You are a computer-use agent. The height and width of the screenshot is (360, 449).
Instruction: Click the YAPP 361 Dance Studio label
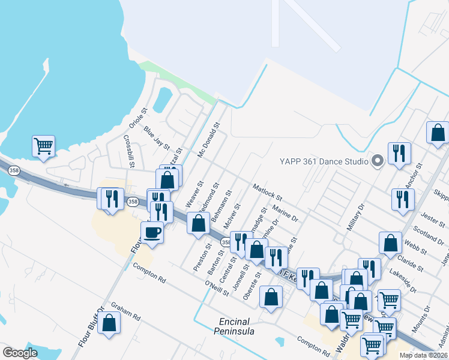(x=323, y=161)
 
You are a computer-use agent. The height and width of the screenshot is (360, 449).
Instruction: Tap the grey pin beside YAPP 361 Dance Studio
(x=378, y=161)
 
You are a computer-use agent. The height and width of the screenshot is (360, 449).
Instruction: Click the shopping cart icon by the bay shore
(x=43, y=146)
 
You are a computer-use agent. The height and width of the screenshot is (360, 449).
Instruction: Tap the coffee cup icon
(x=152, y=232)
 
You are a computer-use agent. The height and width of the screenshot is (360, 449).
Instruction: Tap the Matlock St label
(x=267, y=192)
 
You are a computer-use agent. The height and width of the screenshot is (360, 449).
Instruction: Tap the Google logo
(x=20, y=353)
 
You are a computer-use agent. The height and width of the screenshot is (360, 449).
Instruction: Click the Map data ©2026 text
(x=423, y=355)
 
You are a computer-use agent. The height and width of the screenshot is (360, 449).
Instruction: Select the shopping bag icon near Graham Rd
(x=109, y=323)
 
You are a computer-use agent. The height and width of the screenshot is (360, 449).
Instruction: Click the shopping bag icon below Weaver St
(x=198, y=223)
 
